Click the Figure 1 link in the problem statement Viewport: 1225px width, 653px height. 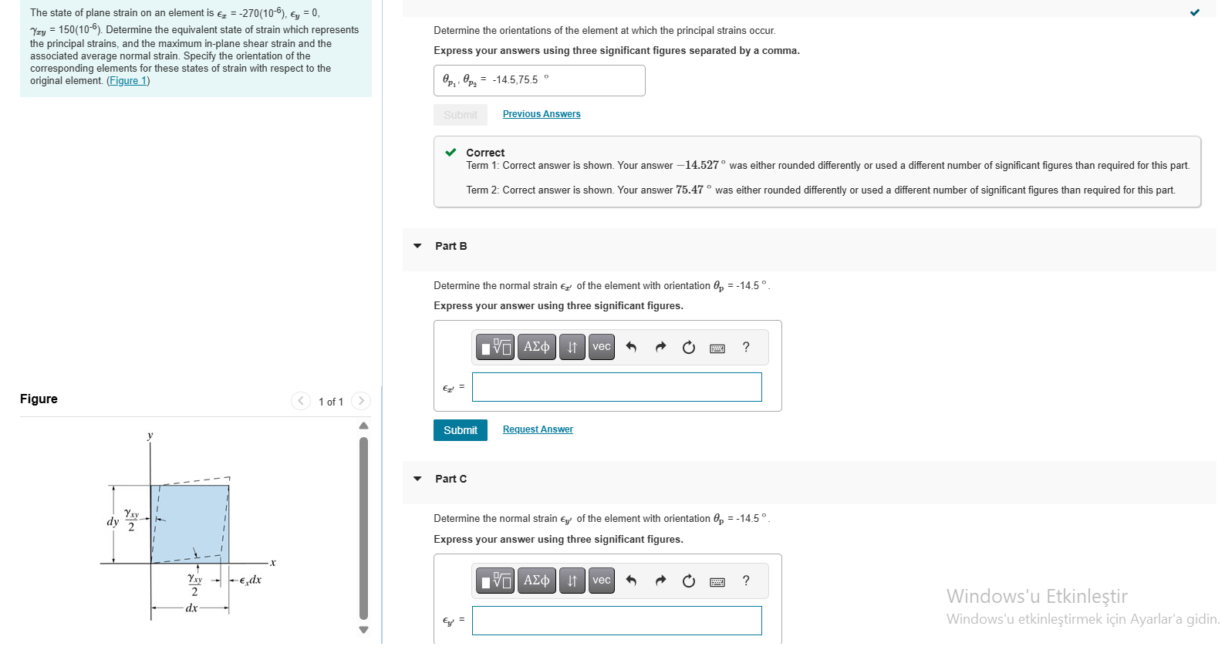128,81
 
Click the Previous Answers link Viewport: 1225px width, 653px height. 541,114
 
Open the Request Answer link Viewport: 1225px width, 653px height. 538,429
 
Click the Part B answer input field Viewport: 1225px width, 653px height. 616,387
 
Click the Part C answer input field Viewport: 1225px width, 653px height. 616,621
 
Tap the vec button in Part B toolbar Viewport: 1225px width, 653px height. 601,347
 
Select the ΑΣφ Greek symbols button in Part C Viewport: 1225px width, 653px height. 536,581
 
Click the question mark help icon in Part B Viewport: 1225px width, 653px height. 746,347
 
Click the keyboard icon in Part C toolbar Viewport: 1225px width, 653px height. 717,581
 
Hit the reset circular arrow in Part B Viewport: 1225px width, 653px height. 689,348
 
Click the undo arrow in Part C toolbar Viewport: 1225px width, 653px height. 631,581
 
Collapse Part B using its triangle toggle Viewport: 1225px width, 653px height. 417,246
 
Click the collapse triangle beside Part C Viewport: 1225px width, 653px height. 417,479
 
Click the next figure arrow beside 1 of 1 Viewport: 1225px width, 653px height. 360,401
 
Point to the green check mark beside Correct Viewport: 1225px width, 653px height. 451,153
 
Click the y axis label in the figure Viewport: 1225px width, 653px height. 150,436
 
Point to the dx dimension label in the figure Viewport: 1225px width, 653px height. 191,608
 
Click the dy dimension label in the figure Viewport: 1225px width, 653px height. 113,522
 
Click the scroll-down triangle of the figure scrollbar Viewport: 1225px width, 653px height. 363,630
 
